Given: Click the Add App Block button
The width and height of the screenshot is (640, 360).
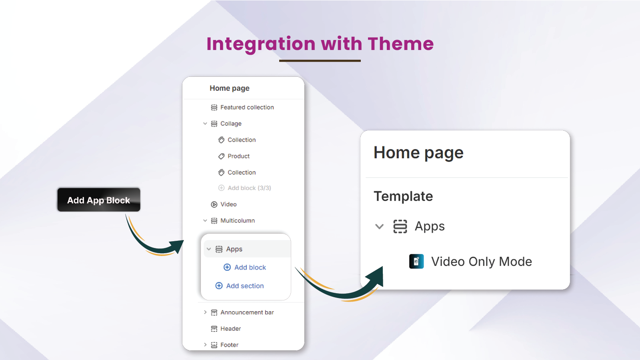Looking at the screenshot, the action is pos(98,200).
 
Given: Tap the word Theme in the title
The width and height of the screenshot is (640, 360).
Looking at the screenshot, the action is pos(400,44).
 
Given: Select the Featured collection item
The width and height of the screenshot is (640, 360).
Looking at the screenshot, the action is pos(247,107).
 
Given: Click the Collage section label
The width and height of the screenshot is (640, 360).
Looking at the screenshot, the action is pos(231,124).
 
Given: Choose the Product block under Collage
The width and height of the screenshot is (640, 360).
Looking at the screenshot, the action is pos(238,156).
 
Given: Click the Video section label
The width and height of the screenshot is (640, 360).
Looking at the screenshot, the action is pos(228,204).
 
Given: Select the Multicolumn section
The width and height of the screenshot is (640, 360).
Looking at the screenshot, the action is pos(238,220).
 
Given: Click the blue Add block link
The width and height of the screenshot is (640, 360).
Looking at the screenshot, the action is pos(250,267).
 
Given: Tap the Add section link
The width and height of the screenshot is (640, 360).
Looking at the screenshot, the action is pos(245,286).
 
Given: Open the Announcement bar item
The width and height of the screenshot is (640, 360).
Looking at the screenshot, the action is pos(247,312).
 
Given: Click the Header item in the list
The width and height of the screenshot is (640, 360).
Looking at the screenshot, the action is pos(230,328).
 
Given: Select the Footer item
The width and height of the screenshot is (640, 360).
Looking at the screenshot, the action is pos(229,345).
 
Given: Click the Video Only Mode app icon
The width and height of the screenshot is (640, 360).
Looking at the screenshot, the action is pos(416,261).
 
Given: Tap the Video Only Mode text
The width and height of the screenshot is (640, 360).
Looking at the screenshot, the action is pos(482,262).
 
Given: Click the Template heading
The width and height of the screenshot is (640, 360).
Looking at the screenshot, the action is pos(403,196).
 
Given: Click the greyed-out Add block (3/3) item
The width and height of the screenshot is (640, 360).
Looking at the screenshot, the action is pos(249,188).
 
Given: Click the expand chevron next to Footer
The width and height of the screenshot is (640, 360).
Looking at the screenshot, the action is pos(205,344).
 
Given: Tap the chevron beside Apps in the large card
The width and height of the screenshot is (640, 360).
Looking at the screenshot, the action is pos(380,226).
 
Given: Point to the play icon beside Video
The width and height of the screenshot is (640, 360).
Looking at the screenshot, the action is pos(214,204).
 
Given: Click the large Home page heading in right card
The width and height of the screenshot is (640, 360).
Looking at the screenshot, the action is pos(418,153).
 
